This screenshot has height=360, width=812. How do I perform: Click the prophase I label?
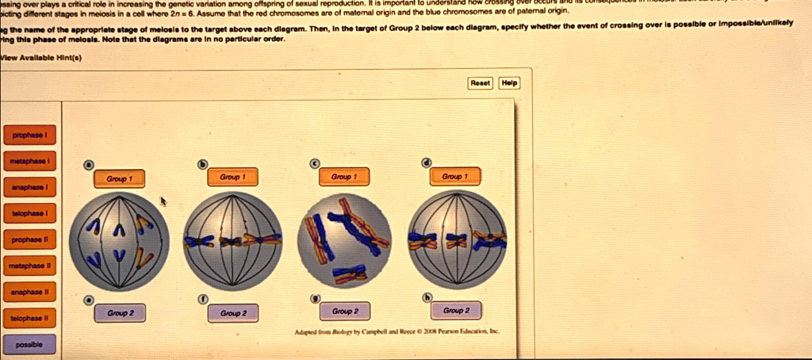29,135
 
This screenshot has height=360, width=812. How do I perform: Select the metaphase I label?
29,161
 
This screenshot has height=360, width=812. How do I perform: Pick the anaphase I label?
29,187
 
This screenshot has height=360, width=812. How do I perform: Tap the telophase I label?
29,214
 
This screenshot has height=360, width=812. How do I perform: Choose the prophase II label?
29,239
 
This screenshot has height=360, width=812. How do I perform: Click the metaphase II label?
29,266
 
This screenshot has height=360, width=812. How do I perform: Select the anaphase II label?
29,292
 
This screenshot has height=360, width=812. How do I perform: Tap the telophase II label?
29,318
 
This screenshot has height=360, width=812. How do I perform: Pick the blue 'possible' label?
29,345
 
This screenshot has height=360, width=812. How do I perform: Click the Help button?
510,82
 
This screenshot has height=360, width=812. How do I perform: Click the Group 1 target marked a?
120,179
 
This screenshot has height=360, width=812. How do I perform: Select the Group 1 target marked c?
343,177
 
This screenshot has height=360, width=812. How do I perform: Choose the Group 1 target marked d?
455,177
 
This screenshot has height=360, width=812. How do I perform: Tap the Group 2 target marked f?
232,313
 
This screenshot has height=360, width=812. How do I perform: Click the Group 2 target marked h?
456,311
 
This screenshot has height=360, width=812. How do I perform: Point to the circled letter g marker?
314,297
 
